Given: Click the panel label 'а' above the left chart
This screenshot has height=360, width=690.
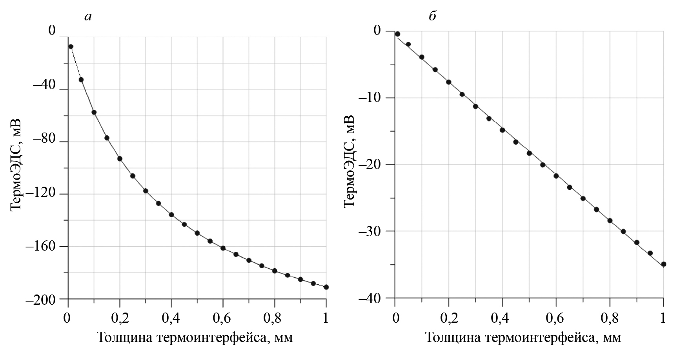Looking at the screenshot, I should pyautogui.click(x=88, y=16).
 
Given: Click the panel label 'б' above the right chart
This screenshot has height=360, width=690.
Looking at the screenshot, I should pyautogui.click(x=432, y=16).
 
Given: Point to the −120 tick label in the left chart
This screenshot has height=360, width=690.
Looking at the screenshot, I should pyautogui.click(x=42, y=194).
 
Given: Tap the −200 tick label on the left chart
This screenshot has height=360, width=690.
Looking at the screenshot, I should pyautogui.click(x=42, y=299).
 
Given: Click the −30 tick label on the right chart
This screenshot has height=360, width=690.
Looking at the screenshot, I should pyautogui.click(x=373, y=231).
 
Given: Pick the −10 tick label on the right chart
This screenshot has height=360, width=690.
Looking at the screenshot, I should pyautogui.click(x=373, y=98).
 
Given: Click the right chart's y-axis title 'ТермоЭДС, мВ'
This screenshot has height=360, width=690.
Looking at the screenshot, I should pyautogui.click(x=349, y=161).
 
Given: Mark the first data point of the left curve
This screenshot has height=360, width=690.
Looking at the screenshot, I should pyautogui.click(x=71, y=47).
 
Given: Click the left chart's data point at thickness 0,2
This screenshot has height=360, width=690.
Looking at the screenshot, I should pyautogui.click(x=120, y=159).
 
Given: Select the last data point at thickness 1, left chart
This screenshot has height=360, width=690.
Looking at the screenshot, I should pyautogui.click(x=326, y=287).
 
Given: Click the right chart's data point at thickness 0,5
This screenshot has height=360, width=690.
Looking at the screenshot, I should pyautogui.click(x=529, y=153).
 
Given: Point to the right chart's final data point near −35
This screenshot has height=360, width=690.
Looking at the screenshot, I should pyautogui.click(x=663, y=264).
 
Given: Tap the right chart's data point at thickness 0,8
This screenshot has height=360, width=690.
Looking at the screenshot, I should pyautogui.click(x=610, y=221).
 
